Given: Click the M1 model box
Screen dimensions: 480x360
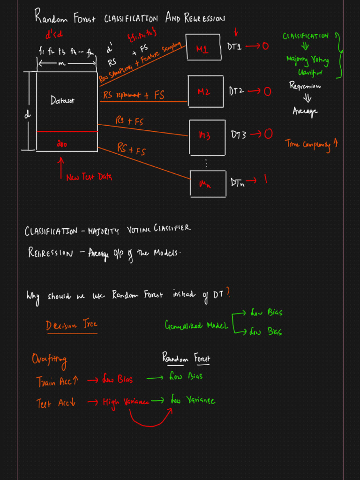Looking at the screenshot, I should click(x=203, y=47).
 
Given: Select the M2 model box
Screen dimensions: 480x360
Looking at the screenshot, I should click(x=205, y=91).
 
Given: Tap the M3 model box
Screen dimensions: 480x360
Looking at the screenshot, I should click(x=207, y=135).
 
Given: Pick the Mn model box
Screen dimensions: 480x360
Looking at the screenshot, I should click(x=207, y=183).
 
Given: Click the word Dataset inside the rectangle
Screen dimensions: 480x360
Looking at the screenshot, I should click(x=62, y=100).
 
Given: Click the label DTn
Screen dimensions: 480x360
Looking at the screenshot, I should click(x=237, y=182).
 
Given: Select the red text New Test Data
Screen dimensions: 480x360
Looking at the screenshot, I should click(x=89, y=177).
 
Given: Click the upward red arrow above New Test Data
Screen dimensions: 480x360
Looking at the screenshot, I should click(x=60, y=166).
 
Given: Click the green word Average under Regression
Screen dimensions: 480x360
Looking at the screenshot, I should click(x=305, y=111).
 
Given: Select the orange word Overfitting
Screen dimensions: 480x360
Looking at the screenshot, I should click(x=49, y=360).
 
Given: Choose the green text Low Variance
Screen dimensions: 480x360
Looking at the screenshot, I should click(x=193, y=401).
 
